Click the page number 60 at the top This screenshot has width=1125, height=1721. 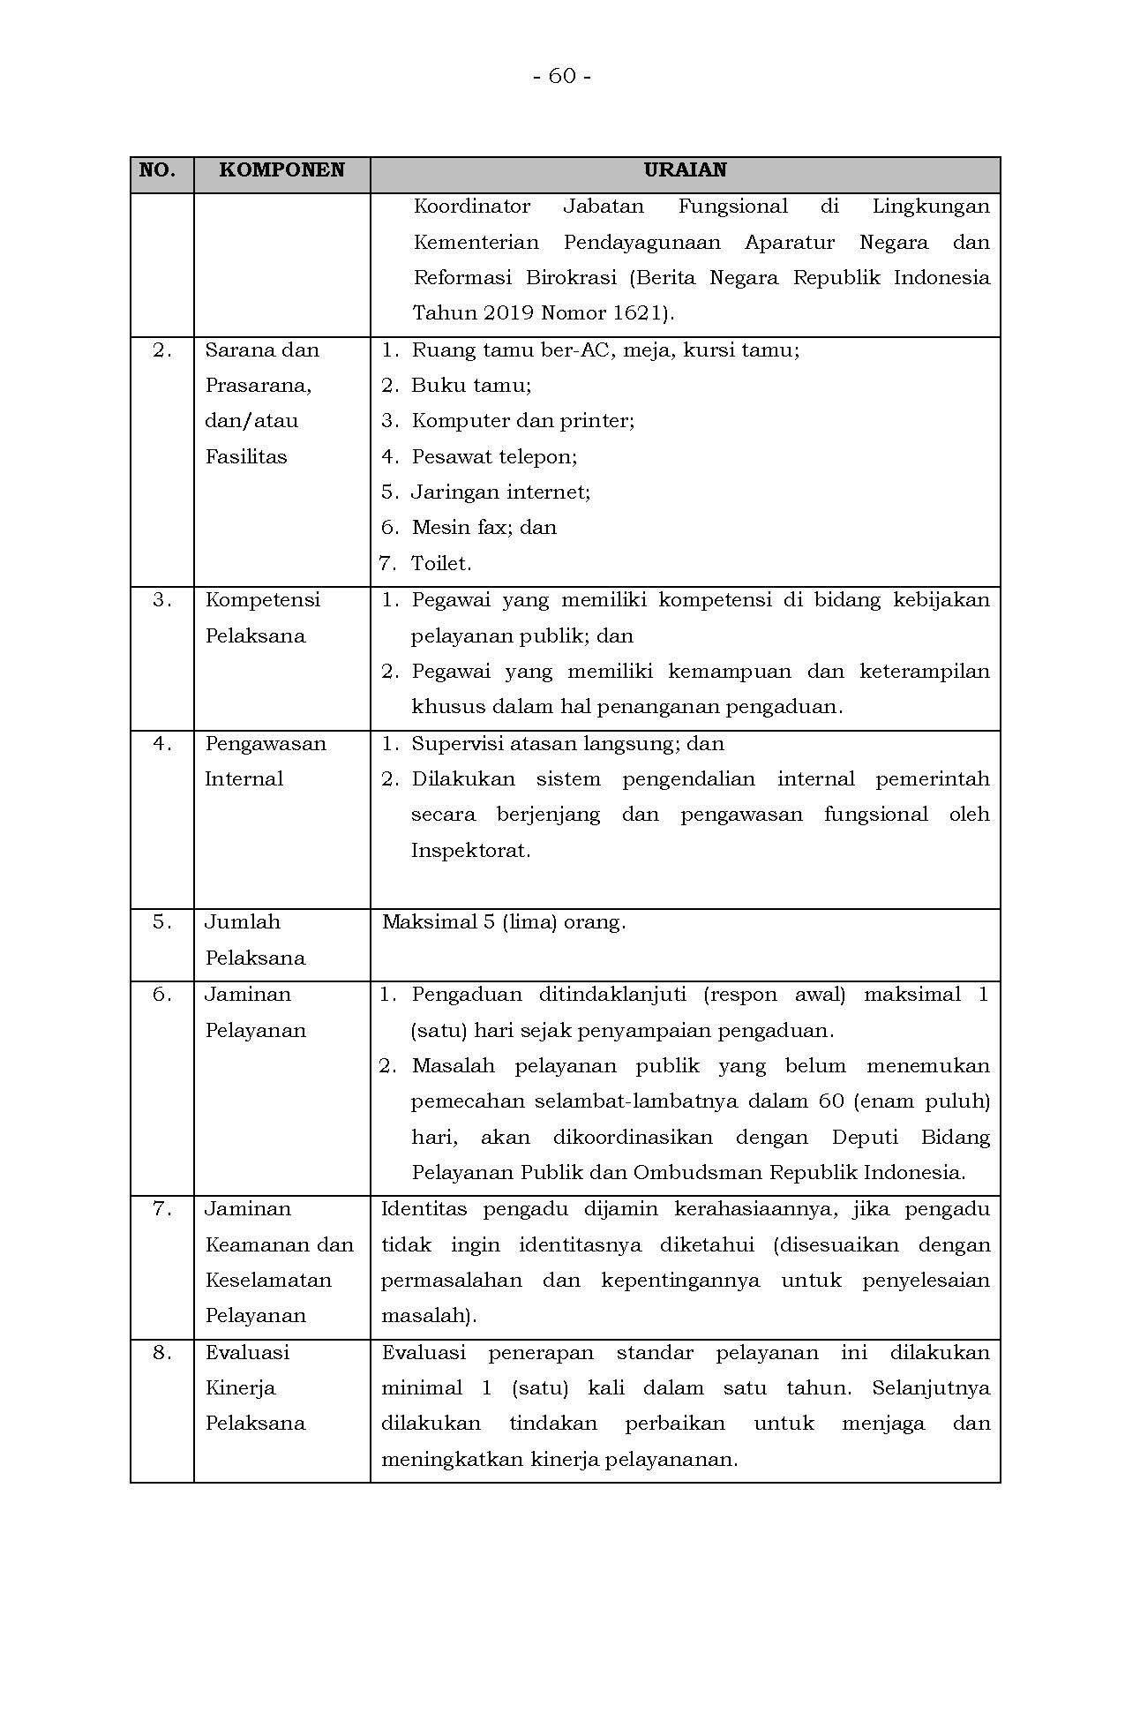coord(562,77)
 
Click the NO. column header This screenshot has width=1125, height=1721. coord(157,170)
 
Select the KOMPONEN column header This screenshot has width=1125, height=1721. coord(281,170)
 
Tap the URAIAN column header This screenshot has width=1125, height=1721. coord(685,170)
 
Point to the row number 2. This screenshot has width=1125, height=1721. coord(161,350)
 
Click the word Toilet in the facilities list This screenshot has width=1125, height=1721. coord(439,564)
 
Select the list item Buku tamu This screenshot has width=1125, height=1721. coord(470,386)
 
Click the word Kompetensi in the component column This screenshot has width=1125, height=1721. coord(263,600)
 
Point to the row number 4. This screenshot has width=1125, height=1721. coord(161,744)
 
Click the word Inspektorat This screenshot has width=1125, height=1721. coord(469,852)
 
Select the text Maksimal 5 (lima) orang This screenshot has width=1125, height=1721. coord(503,923)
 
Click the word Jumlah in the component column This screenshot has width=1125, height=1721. coord(243,922)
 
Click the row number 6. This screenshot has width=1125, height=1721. coord(161,995)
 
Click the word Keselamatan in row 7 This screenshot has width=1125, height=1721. coord(268,1281)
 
